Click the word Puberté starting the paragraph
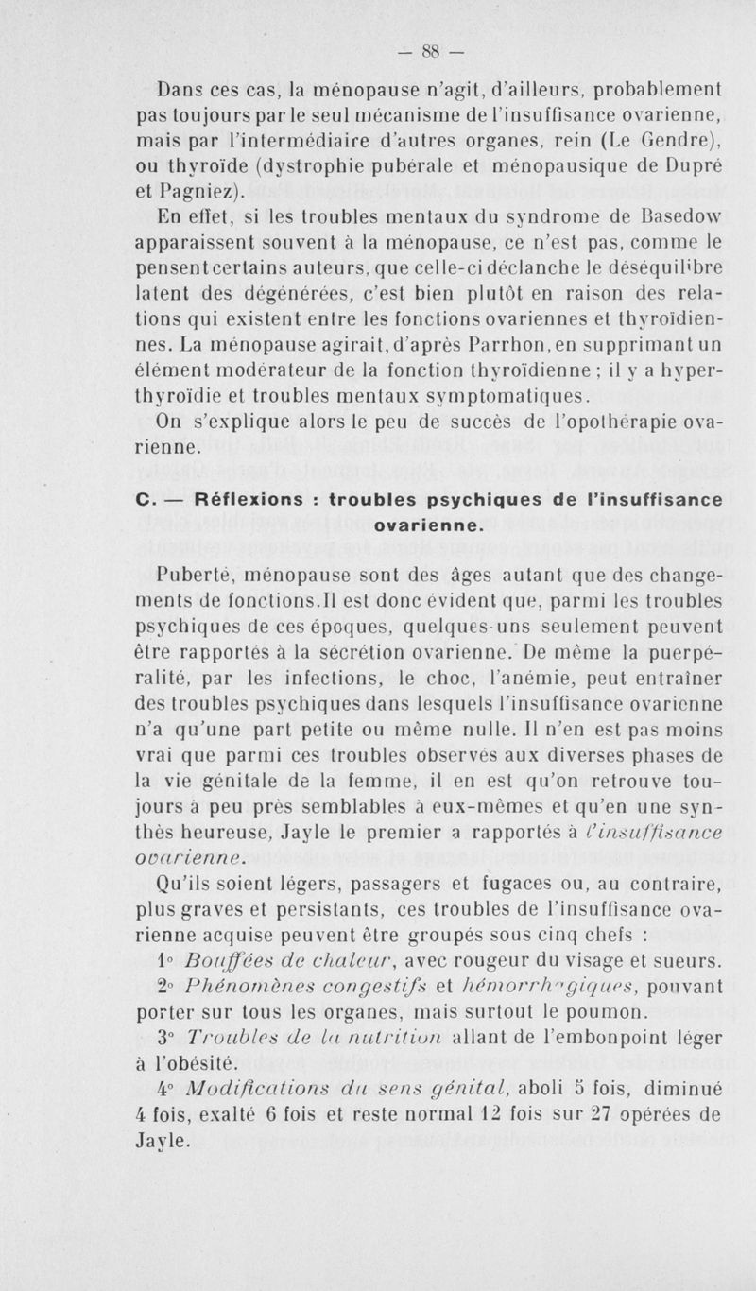[x=192, y=570]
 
